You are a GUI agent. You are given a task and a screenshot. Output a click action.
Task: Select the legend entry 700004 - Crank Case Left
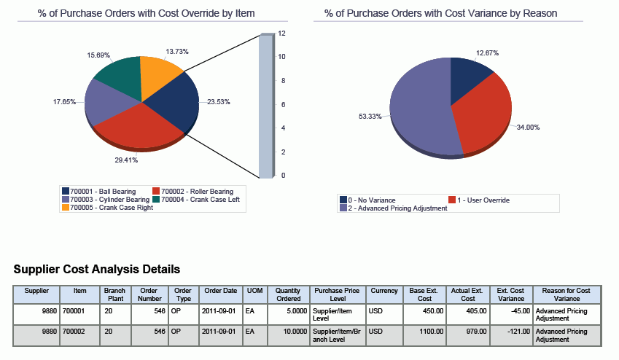(194, 199)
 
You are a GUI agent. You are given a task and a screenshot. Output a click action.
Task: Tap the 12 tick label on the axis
(281, 34)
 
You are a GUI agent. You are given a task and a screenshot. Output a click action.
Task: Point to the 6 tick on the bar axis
(282, 104)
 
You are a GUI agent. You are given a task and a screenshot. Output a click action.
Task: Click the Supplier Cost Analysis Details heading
(97, 270)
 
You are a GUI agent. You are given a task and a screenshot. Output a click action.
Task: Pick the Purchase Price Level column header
(336, 294)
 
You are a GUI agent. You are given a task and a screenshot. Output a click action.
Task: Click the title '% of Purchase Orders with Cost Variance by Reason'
(441, 13)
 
